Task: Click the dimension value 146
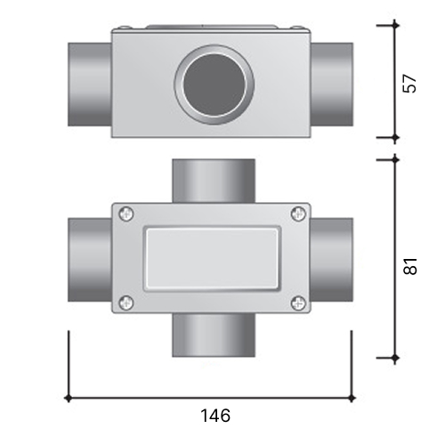(x=215, y=416)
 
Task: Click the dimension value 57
(x=410, y=84)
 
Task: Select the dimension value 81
(x=410, y=266)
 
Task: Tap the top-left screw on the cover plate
(x=126, y=214)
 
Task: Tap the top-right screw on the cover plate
(x=298, y=214)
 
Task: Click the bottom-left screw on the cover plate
(x=126, y=303)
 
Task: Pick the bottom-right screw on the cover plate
(x=298, y=303)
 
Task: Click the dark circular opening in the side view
(x=214, y=85)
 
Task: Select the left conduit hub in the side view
(x=90, y=85)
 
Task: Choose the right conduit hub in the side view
(x=332, y=85)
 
